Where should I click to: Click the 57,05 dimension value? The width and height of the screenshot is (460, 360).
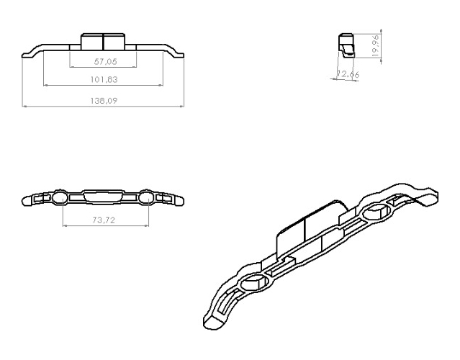click(x=105, y=62)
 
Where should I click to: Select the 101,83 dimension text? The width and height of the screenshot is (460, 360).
click(x=104, y=79)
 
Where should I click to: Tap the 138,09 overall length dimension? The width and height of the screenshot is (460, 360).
click(x=104, y=101)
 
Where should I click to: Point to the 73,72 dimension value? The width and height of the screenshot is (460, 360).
click(x=104, y=220)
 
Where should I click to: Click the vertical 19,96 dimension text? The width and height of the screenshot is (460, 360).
click(x=376, y=45)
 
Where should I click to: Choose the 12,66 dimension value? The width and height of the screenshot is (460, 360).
click(x=348, y=73)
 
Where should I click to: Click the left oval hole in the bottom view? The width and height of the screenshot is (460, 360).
click(x=60, y=197)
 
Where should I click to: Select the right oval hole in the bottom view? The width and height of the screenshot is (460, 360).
click(x=146, y=197)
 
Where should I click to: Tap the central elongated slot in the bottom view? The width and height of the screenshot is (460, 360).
click(x=103, y=196)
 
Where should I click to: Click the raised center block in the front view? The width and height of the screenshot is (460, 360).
click(x=103, y=41)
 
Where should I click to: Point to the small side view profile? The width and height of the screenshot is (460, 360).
click(x=346, y=45)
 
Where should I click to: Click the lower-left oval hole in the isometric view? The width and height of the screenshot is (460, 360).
click(x=254, y=282)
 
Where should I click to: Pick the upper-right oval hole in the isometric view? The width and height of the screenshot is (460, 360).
click(x=376, y=212)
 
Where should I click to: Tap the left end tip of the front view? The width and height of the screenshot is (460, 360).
click(x=22, y=55)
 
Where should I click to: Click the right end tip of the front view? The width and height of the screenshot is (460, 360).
click(x=184, y=55)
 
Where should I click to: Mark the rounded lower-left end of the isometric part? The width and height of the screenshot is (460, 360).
click(x=214, y=322)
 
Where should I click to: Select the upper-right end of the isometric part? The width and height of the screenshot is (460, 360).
click(x=430, y=196)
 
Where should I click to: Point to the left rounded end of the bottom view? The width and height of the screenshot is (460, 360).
click(x=27, y=201)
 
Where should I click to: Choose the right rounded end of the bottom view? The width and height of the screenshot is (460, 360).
click(x=179, y=201)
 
